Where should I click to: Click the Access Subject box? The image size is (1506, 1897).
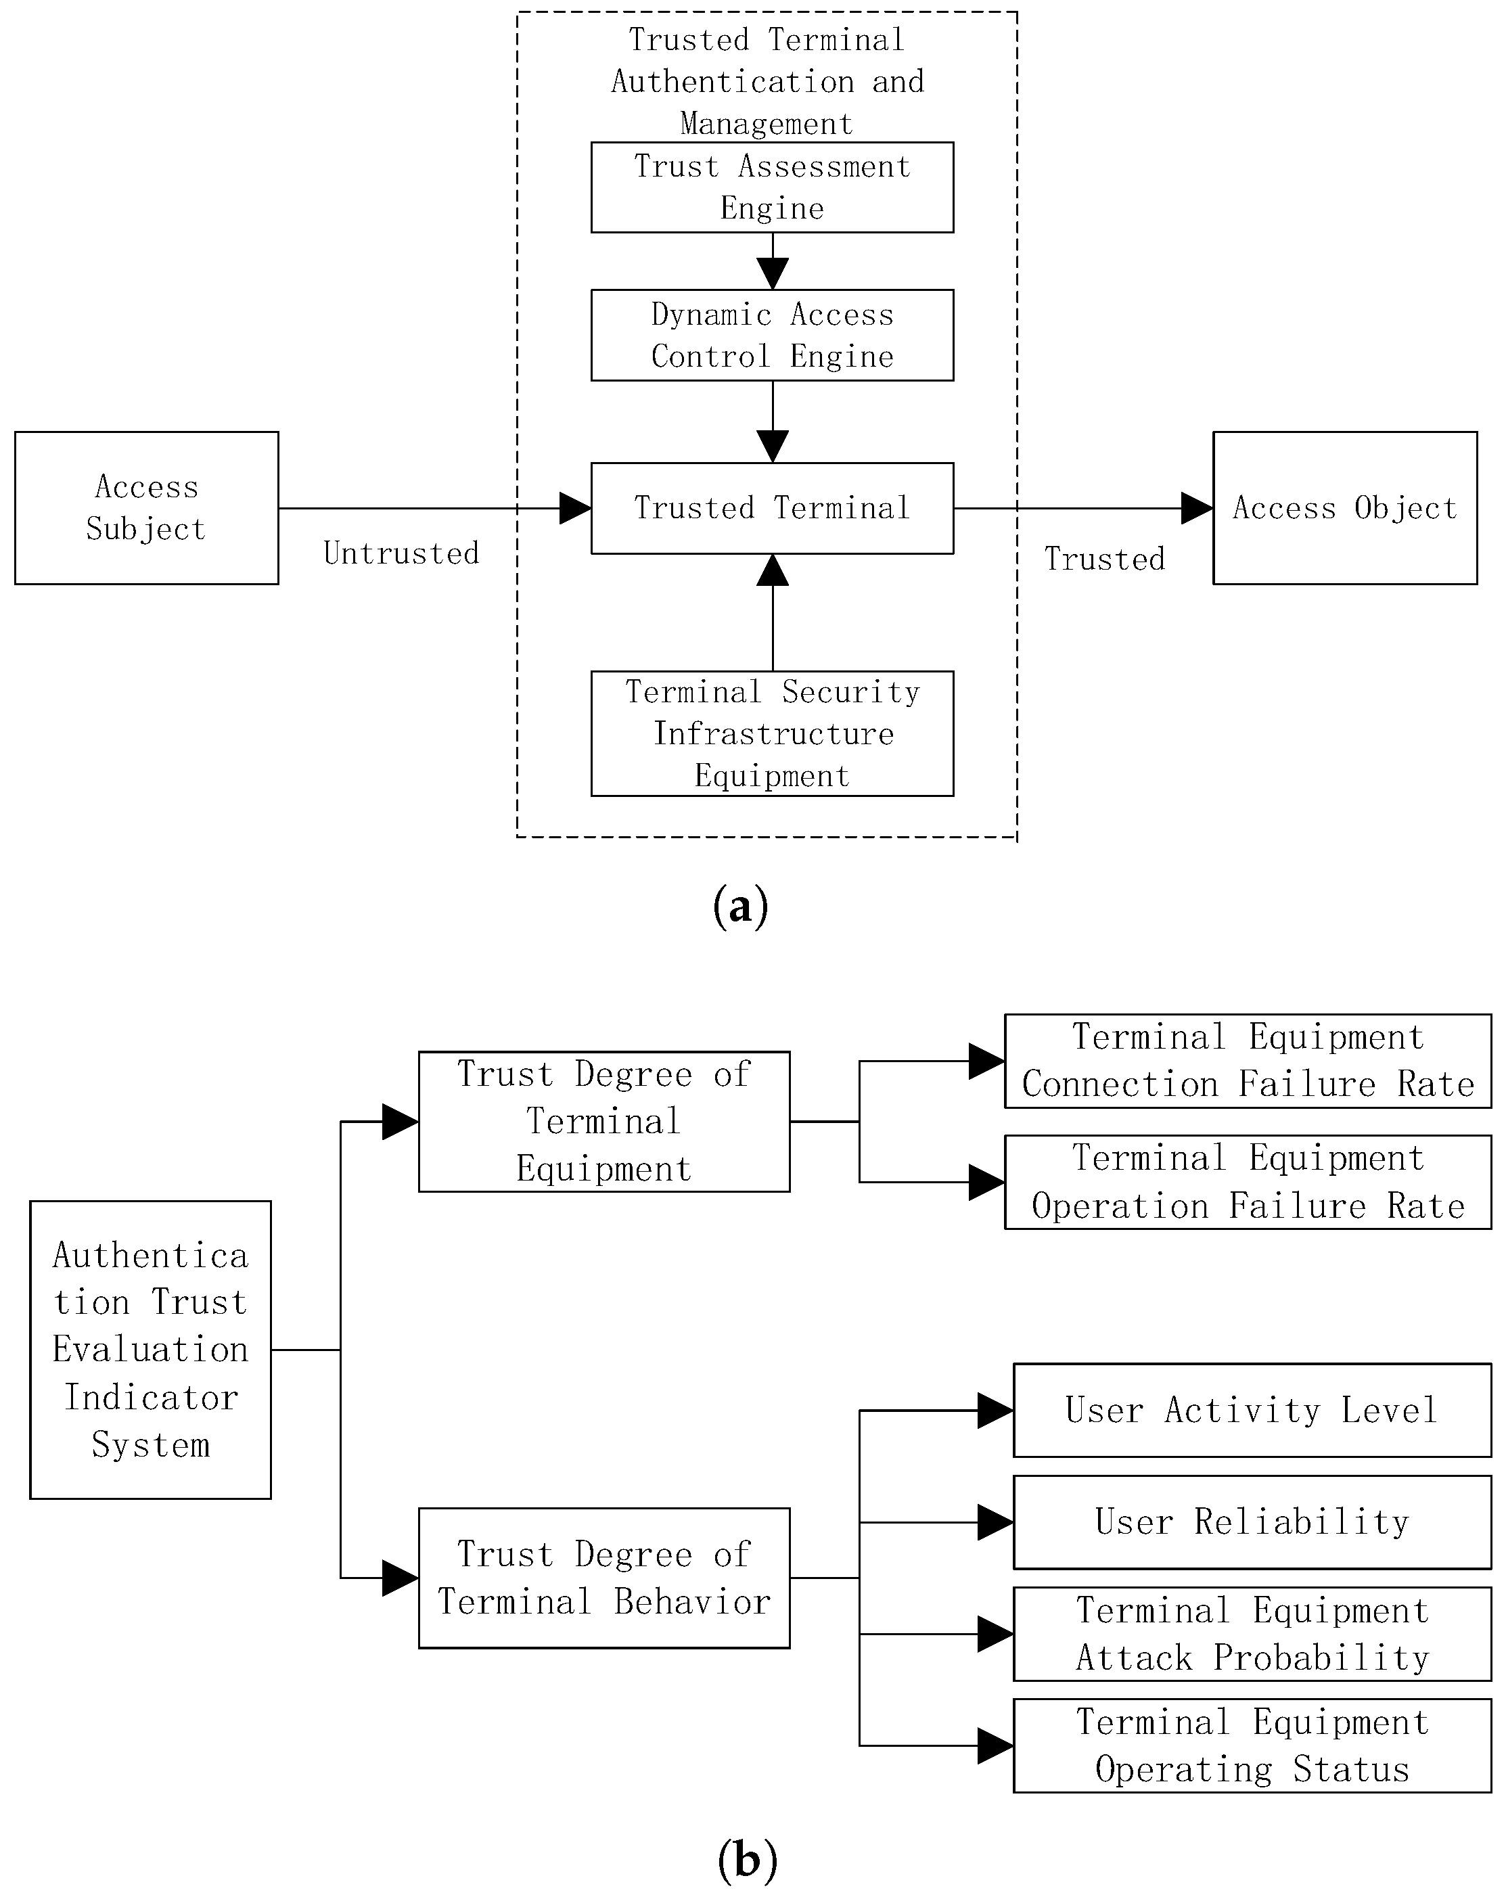tap(146, 507)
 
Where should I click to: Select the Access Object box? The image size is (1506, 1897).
tap(1344, 507)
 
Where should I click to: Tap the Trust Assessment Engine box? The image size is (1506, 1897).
tap(771, 187)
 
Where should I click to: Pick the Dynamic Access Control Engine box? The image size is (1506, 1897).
tap(771, 336)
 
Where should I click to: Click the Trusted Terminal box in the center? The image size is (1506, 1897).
tap(771, 507)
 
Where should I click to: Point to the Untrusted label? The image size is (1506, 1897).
tap(401, 553)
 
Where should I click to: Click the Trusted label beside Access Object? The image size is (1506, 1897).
tap(1104, 559)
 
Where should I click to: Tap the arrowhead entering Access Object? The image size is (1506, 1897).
tap(1196, 507)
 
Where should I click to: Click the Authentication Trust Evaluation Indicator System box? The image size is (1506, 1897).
tap(150, 1349)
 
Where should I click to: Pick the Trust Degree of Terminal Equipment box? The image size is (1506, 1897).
tap(603, 1121)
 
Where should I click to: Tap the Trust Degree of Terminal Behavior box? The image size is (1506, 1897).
tap(603, 1578)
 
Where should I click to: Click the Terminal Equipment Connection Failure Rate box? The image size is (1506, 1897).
tap(1248, 1060)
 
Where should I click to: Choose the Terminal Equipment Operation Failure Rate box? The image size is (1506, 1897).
tap(1248, 1182)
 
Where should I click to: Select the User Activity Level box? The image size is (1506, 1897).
tap(1252, 1411)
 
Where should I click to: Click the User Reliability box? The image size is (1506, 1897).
tap(1252, 1522)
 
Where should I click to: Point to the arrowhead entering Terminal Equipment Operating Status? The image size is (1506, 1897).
tap(995, 1745)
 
